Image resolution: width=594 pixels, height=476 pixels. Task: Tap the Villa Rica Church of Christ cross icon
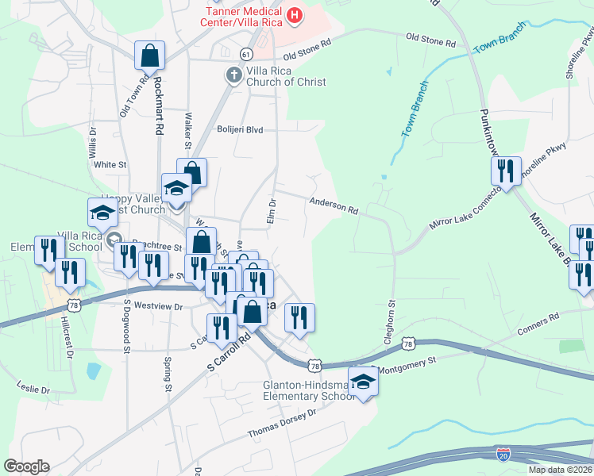[233, 75]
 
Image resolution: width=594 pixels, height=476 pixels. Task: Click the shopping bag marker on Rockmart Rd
[149, 56]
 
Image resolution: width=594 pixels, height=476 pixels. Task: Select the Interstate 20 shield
[503, 454]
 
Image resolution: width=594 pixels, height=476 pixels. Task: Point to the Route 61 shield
[246, 54]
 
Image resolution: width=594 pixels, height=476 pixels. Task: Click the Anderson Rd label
[334, 207]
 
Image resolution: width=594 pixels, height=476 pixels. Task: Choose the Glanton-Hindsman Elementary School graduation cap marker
[363, 382]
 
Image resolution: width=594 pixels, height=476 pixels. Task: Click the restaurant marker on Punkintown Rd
[505, 169]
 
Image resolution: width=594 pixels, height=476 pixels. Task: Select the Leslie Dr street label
[33, 389]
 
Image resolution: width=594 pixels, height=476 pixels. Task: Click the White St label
[110, 165]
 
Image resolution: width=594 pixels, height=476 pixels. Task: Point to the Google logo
[26, 466]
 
